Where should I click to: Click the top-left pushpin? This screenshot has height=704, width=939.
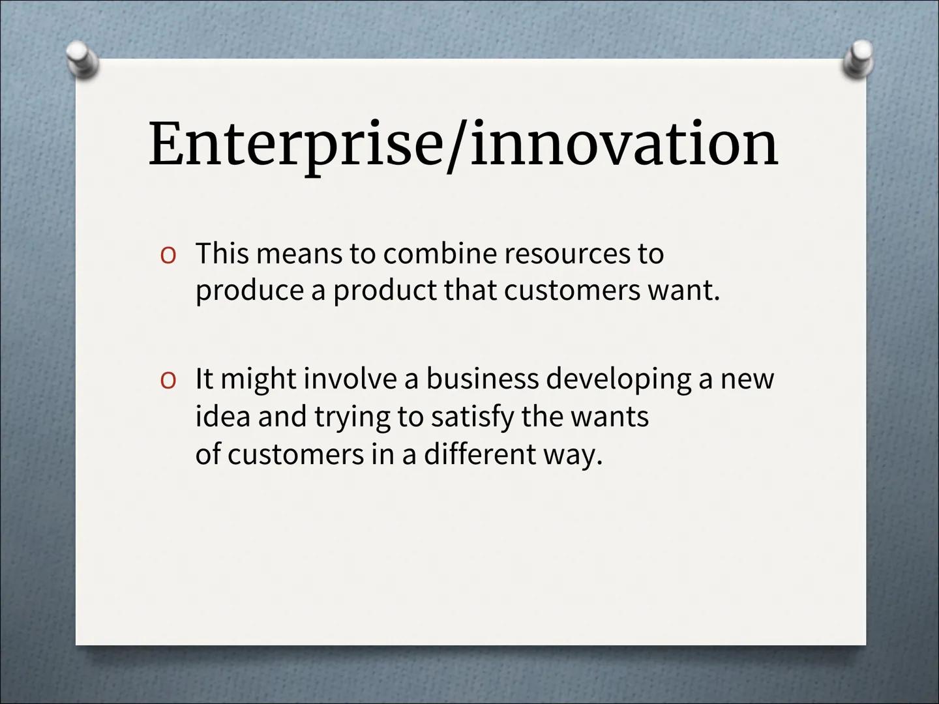[x=83, y=59]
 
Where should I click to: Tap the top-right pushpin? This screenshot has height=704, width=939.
[x=859, y=59]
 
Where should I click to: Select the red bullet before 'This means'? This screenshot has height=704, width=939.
[x=168, y=256]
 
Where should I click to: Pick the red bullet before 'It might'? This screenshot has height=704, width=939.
[x=168, y=381]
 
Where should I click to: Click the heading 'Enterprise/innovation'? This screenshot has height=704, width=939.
[x=463, y=145]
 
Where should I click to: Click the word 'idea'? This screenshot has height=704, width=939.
[x=223, y=415]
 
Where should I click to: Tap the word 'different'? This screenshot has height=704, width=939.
[x=479, y=453]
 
